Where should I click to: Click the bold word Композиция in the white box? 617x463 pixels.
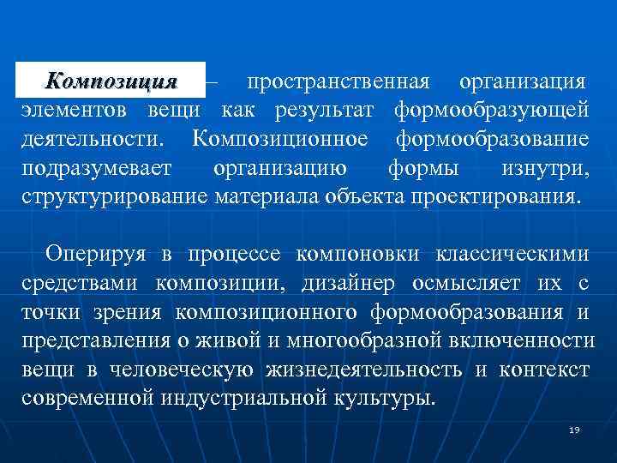coord(111,81)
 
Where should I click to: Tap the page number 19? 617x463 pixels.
coord(574,430)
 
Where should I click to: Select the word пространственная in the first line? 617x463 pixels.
coord(338,82)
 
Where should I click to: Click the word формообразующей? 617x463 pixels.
coord(491,111)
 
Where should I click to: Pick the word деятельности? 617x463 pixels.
coord(94,139)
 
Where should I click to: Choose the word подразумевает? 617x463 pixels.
coord(95,167)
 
